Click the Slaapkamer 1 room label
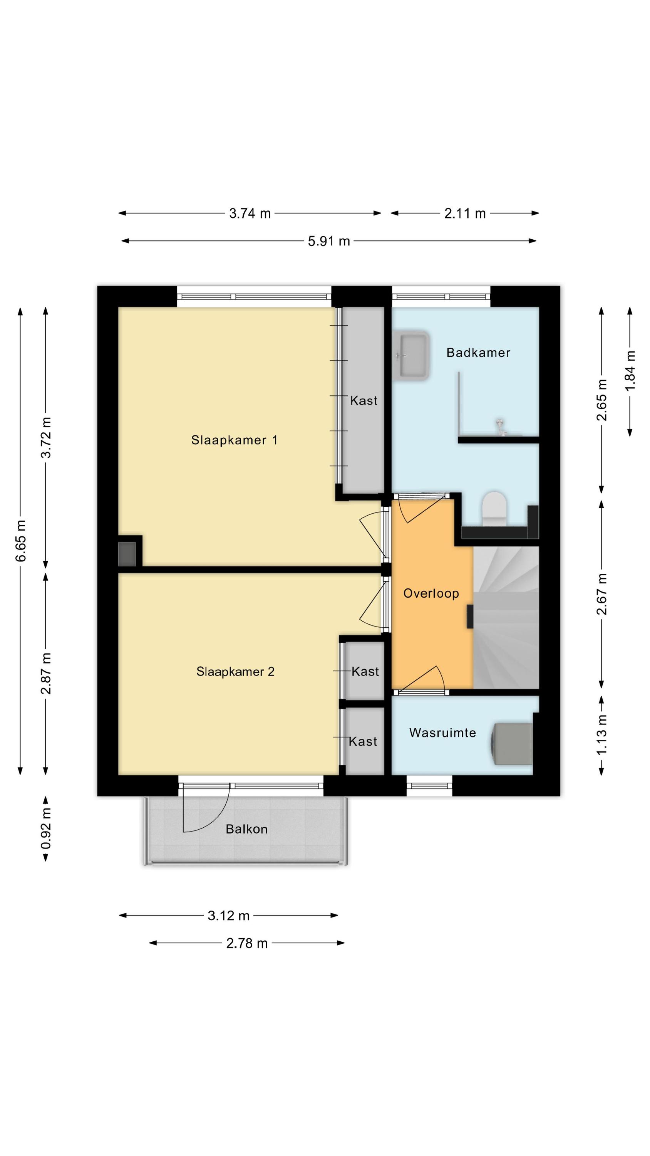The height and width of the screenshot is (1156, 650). point(234,440)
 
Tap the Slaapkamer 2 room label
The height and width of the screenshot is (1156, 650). point(235,671)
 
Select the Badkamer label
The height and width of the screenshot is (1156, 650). point(478,352)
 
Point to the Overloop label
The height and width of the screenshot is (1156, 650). point(431,593)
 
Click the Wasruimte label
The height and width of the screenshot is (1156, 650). point(442,733)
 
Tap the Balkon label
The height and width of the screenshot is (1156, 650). point(247,829)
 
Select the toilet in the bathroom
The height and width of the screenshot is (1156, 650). point(494,509)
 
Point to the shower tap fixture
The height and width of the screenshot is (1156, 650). point(500,426)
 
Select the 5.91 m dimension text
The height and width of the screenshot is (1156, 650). point(329,242)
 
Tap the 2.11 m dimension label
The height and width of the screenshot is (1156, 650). point(465,213)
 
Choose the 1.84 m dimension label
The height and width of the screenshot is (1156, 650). point(630,371)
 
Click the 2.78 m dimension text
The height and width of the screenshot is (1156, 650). point(247,943)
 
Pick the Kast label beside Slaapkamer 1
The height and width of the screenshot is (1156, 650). point(364,400)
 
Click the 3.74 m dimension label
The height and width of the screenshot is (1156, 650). point(250,213)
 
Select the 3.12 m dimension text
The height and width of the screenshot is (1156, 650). point(228,916)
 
